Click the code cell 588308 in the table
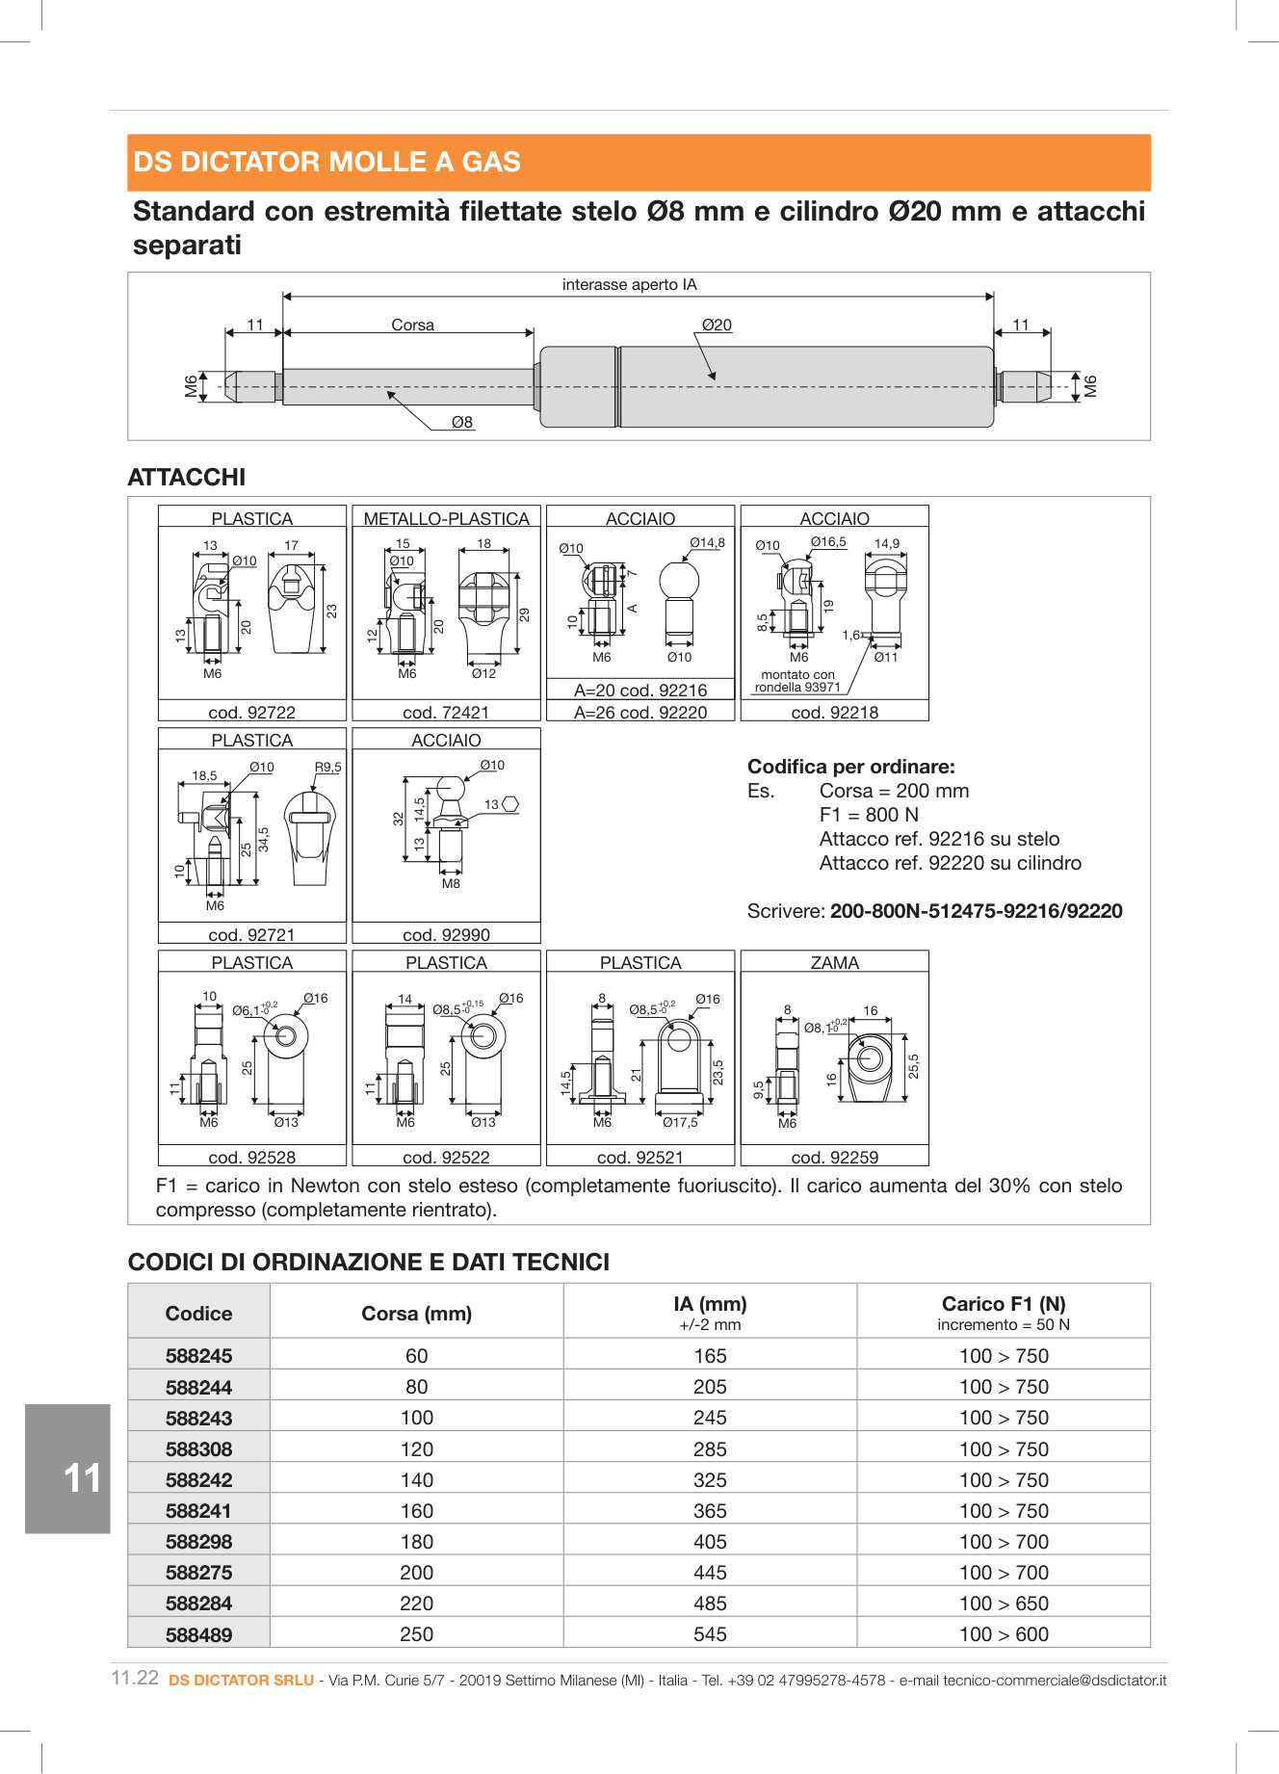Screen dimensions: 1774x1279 (198, 1449)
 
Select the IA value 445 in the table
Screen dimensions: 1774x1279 (710, 1573)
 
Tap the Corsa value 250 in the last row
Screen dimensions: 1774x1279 (416, 1634)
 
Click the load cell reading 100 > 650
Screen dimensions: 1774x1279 (1004, 1604)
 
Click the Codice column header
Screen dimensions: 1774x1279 (198, 1314)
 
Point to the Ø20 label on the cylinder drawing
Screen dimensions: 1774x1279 (717, 326)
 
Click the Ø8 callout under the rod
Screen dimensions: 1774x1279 (462, 422)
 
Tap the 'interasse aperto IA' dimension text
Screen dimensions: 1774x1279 (629, 285)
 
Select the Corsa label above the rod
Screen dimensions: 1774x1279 (412, 326)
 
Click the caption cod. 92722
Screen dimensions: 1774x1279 (251, 713)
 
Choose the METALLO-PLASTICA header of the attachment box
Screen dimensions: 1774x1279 (446, 518)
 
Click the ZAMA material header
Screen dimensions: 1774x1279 (834, 962)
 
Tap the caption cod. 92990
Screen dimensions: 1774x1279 (446, 935)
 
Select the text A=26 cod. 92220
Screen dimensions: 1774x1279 (640, 713)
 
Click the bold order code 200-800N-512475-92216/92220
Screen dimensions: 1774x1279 (976, 911)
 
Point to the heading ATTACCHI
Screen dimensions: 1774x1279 (187, 478)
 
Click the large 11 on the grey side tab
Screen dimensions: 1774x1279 (82, 1478)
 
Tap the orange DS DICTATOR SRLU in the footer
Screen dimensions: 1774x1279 (241, 1681)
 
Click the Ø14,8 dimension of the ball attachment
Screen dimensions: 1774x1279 (707, 543)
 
